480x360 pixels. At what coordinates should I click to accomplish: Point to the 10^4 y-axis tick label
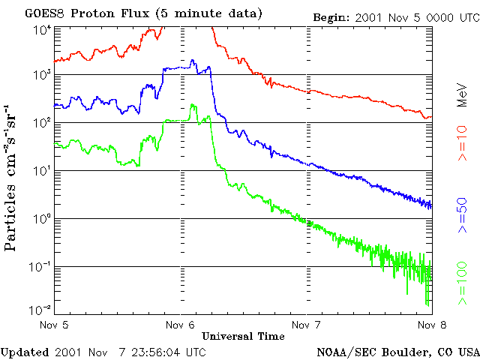(x=42, y=29)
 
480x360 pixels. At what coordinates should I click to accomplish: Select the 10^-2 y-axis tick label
(x=40, y=310)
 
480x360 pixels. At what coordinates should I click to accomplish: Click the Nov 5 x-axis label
(x=54, y=325)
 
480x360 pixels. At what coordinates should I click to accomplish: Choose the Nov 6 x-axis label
(x=181, y=325)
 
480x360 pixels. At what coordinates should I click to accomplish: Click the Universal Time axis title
(x=242, y=335)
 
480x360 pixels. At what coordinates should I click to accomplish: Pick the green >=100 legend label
(x=463, y=283)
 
